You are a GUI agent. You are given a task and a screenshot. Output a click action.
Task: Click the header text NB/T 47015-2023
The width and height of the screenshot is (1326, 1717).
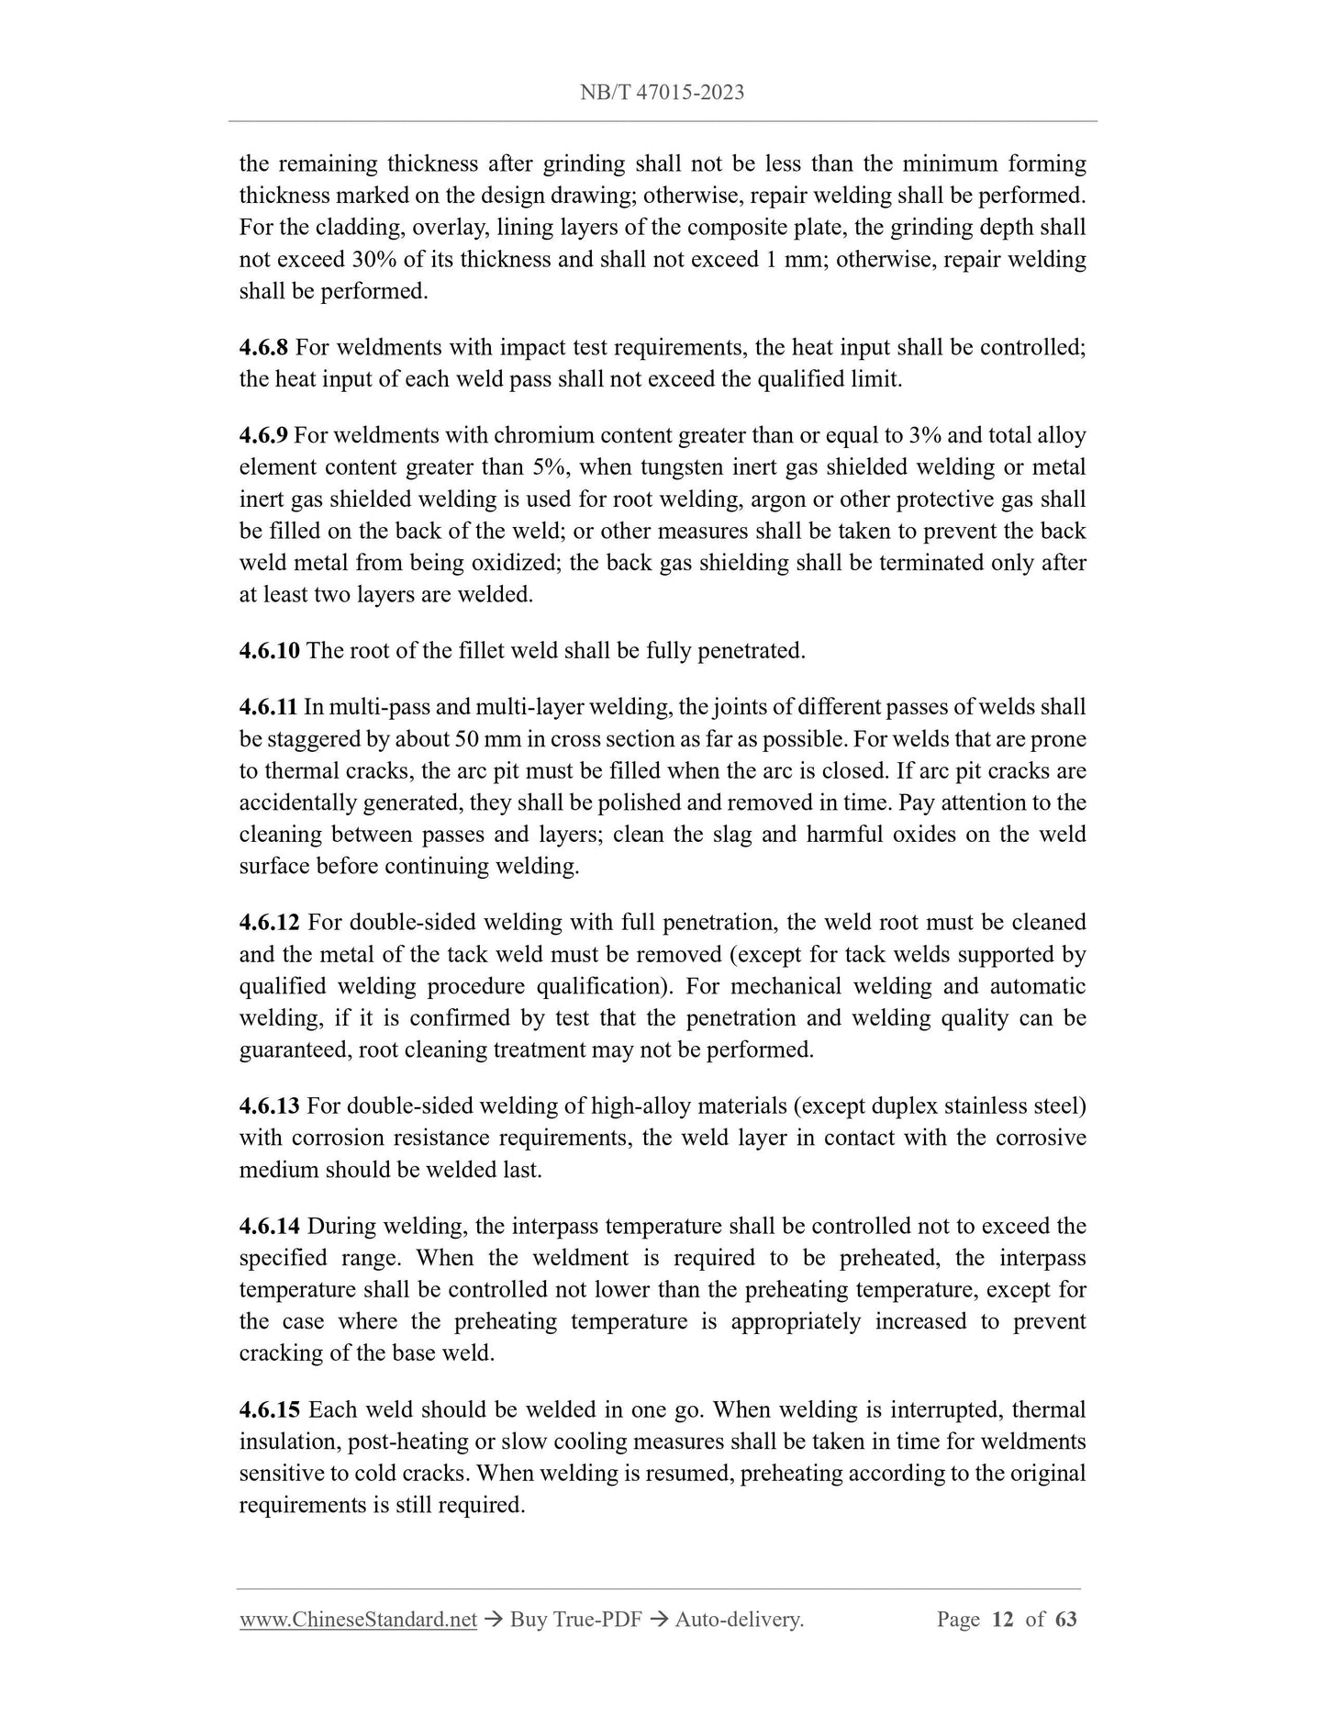tap(662, 92)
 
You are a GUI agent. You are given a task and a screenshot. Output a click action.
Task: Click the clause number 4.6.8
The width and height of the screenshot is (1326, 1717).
tap(263, 347)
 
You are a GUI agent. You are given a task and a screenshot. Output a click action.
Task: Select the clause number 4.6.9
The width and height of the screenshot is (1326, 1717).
tap(263, 435)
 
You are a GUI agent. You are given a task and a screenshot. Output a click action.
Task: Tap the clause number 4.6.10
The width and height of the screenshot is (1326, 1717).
tap(269, 651)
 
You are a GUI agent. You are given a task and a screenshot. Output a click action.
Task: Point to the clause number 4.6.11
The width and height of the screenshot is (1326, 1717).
tap(268, 707)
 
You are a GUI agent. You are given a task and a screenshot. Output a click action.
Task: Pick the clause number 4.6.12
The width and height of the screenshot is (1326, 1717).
tap(270, 922)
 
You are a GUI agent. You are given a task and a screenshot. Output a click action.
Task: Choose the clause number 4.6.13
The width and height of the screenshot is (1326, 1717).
tap(270, 1105)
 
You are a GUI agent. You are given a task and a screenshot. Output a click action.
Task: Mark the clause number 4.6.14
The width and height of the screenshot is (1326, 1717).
tap(270, 1226)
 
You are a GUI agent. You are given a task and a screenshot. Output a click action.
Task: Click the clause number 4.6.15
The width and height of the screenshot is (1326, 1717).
tap(270, 1409)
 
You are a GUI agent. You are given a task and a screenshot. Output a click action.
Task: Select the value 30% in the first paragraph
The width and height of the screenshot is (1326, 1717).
tap(373, 260)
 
